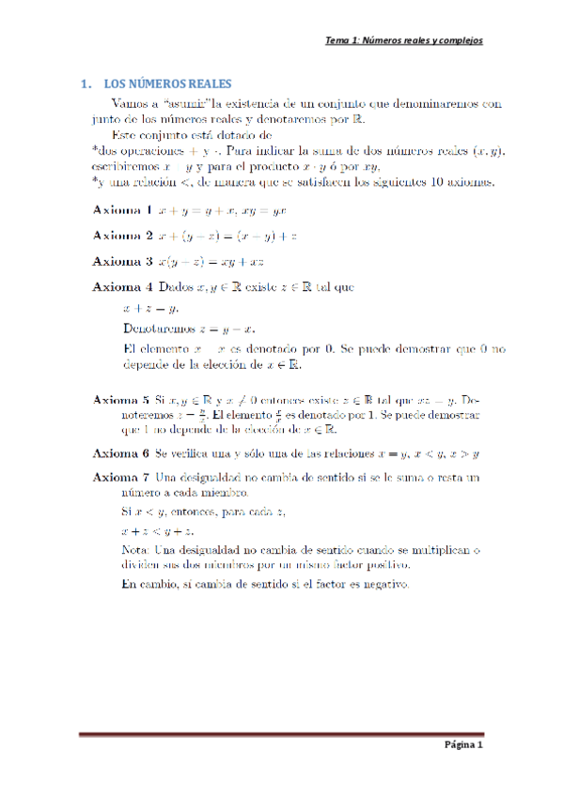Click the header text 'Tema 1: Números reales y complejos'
tap(403, 40)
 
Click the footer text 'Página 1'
tap(463, 744)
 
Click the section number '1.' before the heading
tap(86, 84)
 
